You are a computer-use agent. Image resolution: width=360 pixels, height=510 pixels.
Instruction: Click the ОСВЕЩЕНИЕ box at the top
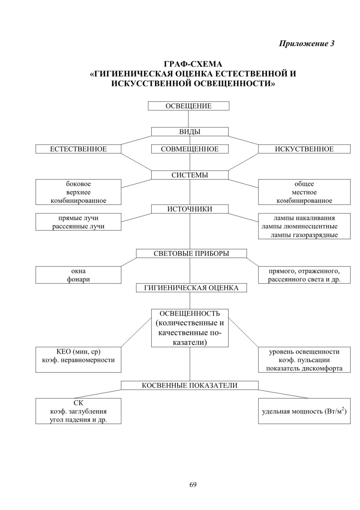tap(188, 106)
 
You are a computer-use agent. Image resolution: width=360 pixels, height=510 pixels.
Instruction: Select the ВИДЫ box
tap(190, 132)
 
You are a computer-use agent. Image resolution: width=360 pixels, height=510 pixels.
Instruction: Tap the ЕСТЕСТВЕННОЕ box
tap(78, 149)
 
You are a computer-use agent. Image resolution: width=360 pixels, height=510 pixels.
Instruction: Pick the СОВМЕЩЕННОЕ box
tap(190, 149)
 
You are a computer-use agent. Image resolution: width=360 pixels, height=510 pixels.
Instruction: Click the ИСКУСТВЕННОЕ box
tap(304, 149)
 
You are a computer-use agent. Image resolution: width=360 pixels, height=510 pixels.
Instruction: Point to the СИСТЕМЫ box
tap(190, 175)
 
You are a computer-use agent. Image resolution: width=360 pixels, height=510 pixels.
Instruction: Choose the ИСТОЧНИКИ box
tap(190, 209)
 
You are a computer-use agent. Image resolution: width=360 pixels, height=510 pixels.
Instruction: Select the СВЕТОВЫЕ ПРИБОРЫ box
tap(191, 253)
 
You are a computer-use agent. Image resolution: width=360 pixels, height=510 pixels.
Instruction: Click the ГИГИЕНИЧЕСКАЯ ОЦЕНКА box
tap(191, 288)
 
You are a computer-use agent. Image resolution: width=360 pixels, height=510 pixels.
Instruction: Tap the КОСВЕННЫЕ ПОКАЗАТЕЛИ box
tap(190, 385)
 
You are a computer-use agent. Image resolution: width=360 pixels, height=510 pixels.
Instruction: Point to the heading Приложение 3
tap(307, 43)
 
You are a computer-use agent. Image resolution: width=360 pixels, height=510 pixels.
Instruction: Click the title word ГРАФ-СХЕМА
tap(193, 64)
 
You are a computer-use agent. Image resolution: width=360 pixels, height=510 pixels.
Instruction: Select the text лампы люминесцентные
tap(299, 226)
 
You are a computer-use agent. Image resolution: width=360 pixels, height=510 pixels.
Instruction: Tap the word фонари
tap(78, 279)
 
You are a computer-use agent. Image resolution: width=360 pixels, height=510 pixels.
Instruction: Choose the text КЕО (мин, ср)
tap(78, 352)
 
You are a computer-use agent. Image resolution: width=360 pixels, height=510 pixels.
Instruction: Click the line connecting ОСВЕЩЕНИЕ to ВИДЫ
tap(188, 119)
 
